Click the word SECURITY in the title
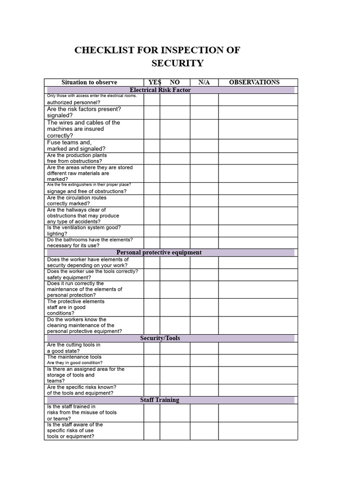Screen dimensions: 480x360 coord(177,63)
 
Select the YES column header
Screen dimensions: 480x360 coord(155,82)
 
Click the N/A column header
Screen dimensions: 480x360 coord(204,82)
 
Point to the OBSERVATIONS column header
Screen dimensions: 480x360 coord(254,82)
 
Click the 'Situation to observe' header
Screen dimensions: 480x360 coord(89,82)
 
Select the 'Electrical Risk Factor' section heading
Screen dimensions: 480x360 coord(160,90)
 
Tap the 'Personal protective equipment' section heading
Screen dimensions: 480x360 coord(159,252)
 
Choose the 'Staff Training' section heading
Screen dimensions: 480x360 coord(159,400)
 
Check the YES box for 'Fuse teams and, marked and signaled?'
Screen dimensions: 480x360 coord(151,146)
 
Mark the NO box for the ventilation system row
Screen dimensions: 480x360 coord(175,231)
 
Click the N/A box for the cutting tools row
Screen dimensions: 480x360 coord(204,348)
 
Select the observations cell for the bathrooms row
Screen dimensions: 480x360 coord(258,243)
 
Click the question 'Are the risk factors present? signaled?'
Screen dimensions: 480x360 coord(84,112)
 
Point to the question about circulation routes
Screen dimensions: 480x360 coord(76,201)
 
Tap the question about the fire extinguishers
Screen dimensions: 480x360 coord(89,188)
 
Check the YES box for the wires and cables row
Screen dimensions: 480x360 coord(151,129)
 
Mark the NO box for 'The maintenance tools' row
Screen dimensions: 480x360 coord(175,360)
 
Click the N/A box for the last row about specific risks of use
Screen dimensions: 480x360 coord(204,431)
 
